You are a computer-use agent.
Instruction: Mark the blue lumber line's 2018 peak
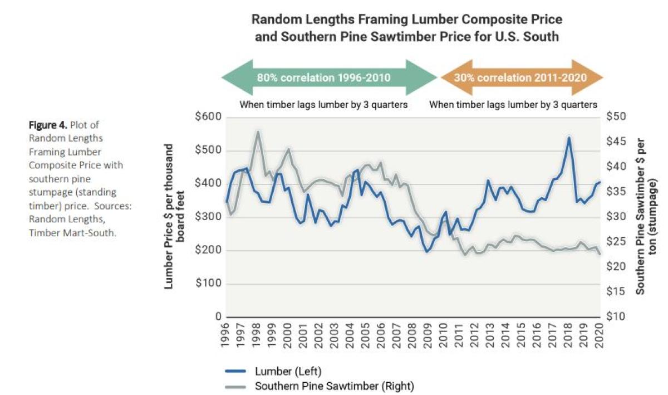coord(568,137)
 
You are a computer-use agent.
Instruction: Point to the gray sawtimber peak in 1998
coord(257,132)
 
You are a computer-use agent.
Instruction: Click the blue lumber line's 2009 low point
coord(427,252)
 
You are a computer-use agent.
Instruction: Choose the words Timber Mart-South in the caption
coord(72,233)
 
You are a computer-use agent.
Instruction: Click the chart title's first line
coord(406,19)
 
